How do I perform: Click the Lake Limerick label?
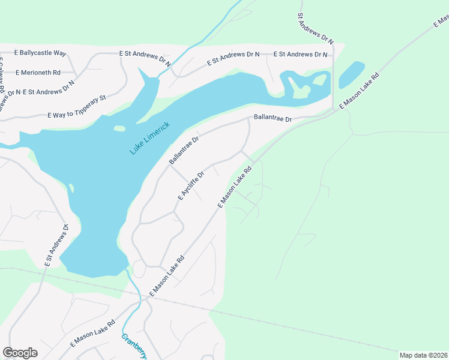coord(150,138)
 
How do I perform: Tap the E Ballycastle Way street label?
coord(34,53)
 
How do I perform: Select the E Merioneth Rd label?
coord(38,73)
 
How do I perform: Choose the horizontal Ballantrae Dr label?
coord(272,119)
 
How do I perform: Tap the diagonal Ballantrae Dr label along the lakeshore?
coord(184,150)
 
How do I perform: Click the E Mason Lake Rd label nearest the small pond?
coord(360,91)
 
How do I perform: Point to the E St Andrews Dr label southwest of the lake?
coord(57,245)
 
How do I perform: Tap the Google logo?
coord(20,353)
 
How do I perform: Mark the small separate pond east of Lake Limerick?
coord(352,74)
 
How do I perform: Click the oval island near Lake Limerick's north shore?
coord(119,128)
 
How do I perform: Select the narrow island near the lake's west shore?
coord(71,189)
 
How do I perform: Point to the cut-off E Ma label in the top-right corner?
coord(441,22)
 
